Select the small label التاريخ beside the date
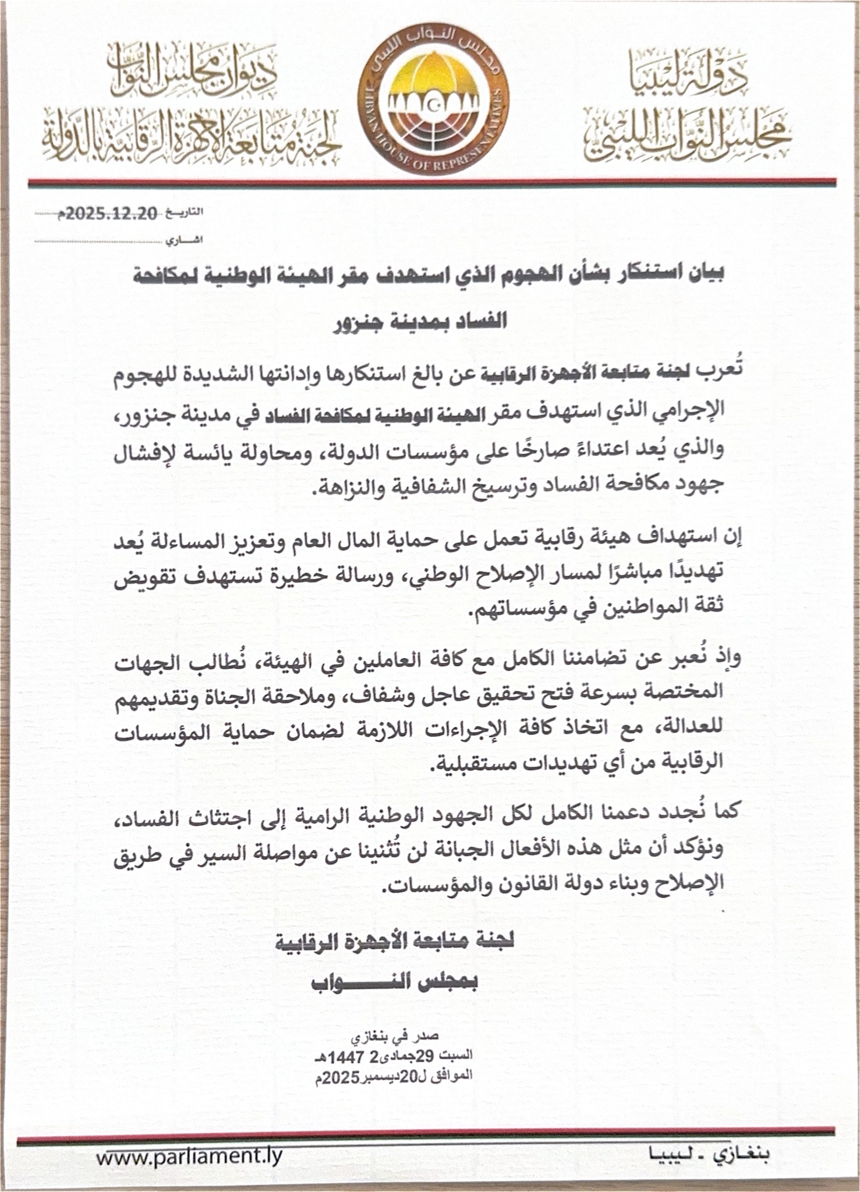pos(185,213)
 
